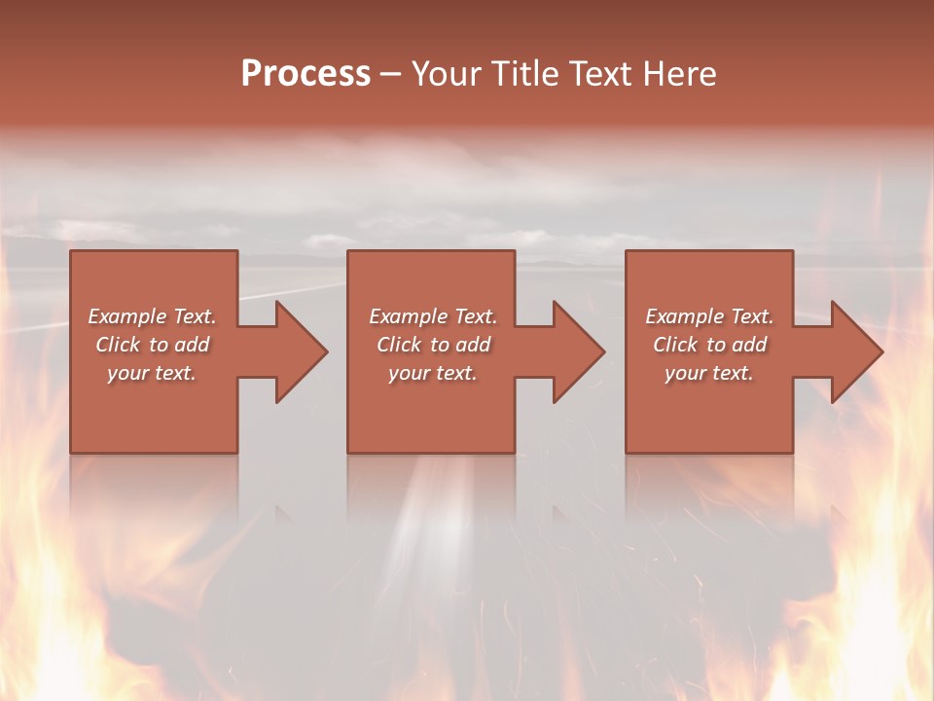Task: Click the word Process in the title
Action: click(x=305, y=74)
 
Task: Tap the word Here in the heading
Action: click(x=679, y=74)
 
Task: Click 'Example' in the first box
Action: click(x=127, y=316)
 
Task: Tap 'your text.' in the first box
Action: click(x=152, y=374)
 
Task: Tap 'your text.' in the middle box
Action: click(x=433, y=374)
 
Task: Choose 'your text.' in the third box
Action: click(x=709, y=374)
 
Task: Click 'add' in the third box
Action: click(x=749, y=345)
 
